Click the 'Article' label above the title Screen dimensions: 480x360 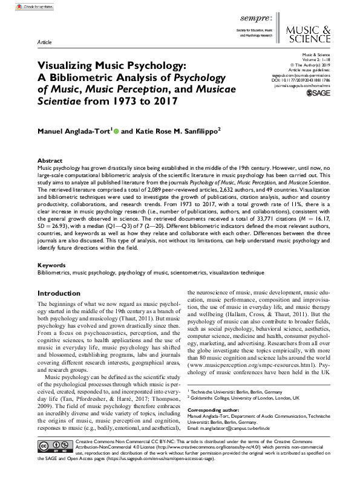(44, 44)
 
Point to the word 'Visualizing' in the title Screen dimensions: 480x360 (65, 65)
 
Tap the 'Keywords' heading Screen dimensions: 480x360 (51, 265)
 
